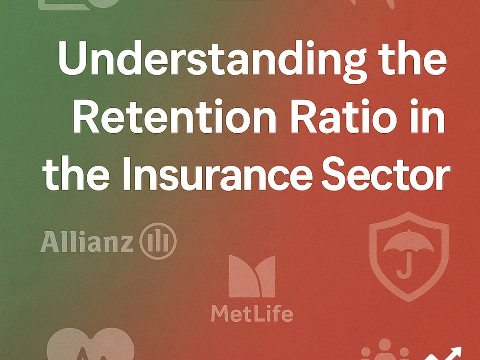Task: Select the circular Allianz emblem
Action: click(x=158, y=241)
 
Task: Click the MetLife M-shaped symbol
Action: click(x=252, y=277)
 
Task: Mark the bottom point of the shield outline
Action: click(x=408, y=300)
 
